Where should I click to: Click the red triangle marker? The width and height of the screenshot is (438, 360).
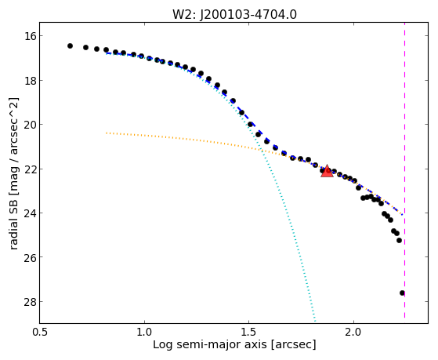tap(327, 172)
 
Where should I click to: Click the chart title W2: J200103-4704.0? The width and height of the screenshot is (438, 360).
tap(234, 15)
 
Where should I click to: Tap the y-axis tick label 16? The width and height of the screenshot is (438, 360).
tap(30, 36)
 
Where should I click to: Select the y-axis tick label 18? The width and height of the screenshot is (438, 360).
tap(30, 81)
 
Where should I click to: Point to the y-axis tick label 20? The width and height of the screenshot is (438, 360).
tap(30, 125)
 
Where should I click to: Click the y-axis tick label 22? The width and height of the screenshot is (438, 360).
tap(30, 169)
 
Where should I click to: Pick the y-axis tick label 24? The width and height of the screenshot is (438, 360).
tap(30, 213)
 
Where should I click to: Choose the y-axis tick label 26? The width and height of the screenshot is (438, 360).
tap(30, 257)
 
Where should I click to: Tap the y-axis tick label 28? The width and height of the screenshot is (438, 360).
tap(30, 302)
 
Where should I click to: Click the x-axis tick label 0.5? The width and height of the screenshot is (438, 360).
tap(40, 333)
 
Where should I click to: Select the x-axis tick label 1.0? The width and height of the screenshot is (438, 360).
tap(144, 333)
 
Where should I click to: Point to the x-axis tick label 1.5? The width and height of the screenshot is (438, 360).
tap(249, 333)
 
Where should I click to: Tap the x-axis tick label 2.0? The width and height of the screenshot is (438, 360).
tap(353, 333)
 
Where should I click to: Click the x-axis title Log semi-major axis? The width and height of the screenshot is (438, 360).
tap(210, 345)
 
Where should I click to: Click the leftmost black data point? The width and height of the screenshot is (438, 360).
tap(70, 45)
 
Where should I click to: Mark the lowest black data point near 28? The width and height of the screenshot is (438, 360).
tap(402, 293)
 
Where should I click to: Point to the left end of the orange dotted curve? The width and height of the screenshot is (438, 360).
tap(107, 133)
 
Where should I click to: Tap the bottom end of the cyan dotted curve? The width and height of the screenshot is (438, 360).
tap(315, 322)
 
